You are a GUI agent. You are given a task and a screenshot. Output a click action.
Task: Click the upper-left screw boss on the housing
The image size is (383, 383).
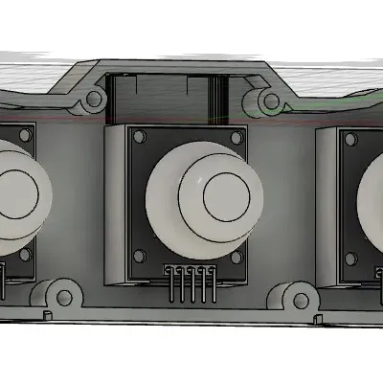(x=93, y=99)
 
